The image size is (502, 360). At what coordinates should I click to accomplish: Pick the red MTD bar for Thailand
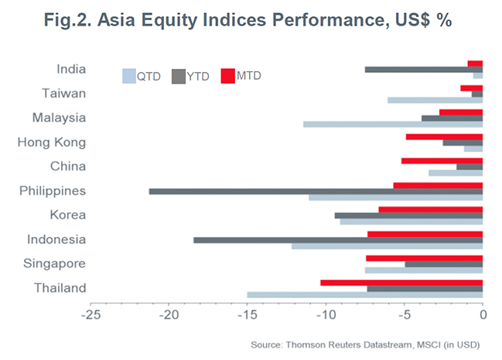tap(401, 283)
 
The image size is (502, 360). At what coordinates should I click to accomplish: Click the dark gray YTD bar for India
tap(424, 69)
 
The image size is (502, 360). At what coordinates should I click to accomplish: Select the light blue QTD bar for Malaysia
tap(393, 124)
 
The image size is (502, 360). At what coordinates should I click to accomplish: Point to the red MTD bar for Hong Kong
tap(444, 136)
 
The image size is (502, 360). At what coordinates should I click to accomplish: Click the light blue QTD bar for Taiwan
tap(435, 100)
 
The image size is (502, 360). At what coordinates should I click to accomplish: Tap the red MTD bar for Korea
tap(431, 209)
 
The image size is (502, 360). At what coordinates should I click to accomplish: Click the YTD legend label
tap(198, 76)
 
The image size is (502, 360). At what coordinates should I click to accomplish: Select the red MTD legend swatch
tap(227, 76)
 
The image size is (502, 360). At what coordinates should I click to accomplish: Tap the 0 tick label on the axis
tap(483, 316)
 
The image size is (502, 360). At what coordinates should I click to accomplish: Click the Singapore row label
tap(59, 264)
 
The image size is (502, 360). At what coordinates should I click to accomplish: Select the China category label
tap(67, 166)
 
